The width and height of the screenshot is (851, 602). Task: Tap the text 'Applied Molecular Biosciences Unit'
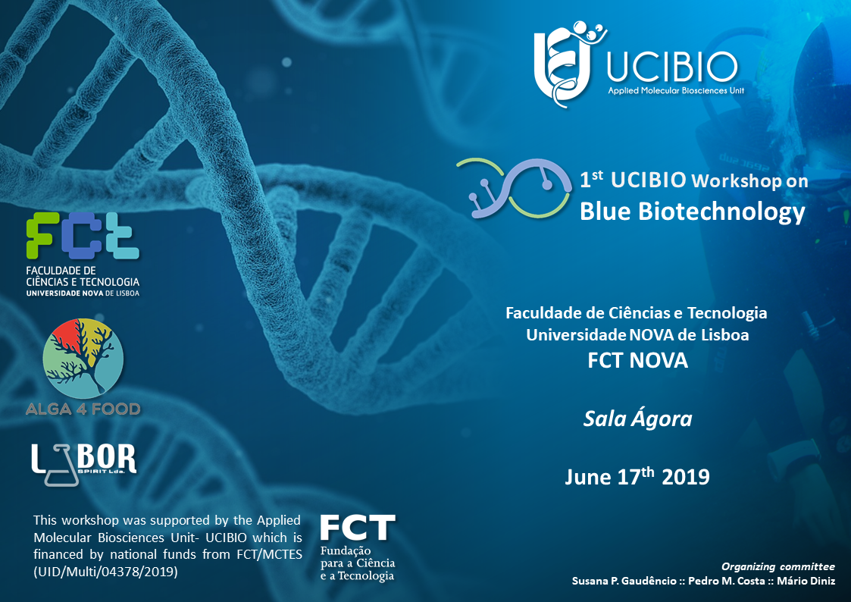pyautogui.click(x=676, y=91)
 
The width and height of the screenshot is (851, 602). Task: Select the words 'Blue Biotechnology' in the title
pyautogui.click(x=693, y=212)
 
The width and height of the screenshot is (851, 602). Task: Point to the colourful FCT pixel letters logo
pyautogui.click(x=83, y=236)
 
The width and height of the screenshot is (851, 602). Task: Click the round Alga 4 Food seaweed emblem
pyautogui.click(x=83, y=359)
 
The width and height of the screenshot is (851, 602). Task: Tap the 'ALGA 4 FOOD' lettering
pyautogui.click(x=83, y=409)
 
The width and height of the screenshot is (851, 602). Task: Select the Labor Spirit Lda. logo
pyautogui.click(x=83, y=464)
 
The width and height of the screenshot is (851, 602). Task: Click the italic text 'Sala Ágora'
pyautogui.click(x=638, y=419)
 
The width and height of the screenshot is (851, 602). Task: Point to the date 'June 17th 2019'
pyautogui.click(x=637, y=476)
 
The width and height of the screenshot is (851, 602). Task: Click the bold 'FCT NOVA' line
pyautogui.click(x=638, y=360)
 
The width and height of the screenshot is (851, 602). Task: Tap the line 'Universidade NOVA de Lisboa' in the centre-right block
pyautogui.click(x=638, y=334)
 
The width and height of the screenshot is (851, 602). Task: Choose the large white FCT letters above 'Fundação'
pyautogui.click(x=358, y=528)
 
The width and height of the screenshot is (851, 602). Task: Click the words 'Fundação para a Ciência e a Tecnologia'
pyautogui.click(x=358, y=563)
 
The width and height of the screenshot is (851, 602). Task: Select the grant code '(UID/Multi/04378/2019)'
pyautogui.click(x=105, y=572)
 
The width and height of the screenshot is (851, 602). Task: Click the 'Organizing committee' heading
pyautogui.click(x=777, y=566)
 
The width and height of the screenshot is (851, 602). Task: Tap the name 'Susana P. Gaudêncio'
pyautogui.click(x=624, y=581)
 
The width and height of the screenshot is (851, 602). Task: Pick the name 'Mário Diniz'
pyautogui.click(x=806, y=581)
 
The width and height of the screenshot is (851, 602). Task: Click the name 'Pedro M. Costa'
pyautogui.click(x=727, y=581)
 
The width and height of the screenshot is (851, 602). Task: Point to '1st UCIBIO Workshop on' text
pyautogui.click(x=694, y=180)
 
